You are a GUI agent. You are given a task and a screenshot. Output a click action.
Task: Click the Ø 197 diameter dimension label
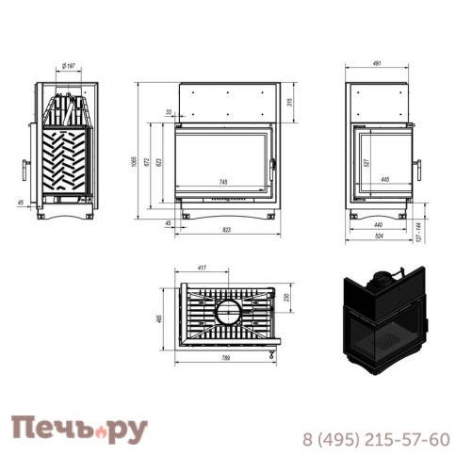(x=68, y=66)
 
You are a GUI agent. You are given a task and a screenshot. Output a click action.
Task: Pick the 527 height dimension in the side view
(x=366, y=160)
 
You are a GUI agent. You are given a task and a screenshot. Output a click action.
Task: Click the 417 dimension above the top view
(x=202, y=268)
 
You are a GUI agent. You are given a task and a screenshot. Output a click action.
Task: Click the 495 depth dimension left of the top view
(x=161, y=318)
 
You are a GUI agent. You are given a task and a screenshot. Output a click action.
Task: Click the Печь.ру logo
(x=80, y=431)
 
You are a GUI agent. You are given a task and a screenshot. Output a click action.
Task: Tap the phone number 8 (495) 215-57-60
(x=376, y=439)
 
